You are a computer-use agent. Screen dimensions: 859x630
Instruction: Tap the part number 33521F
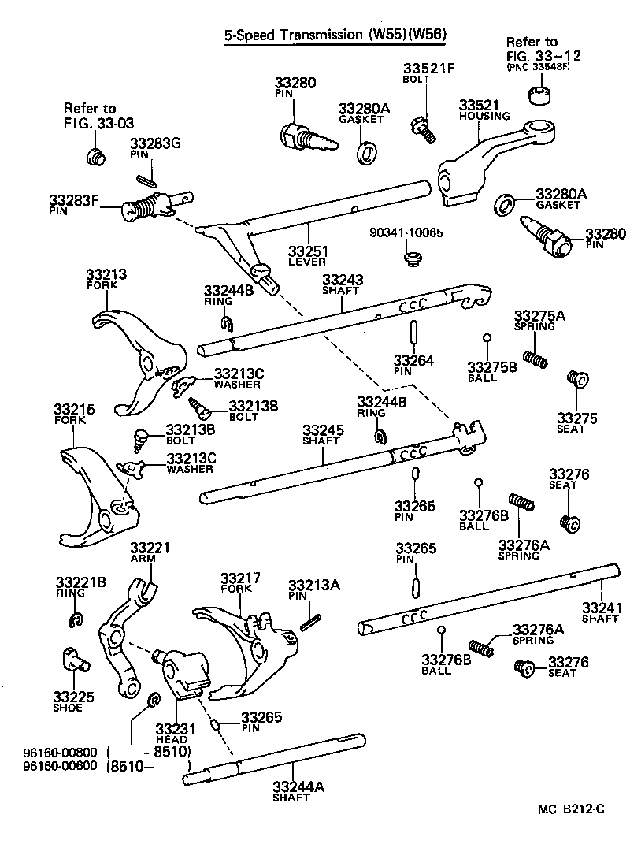428,69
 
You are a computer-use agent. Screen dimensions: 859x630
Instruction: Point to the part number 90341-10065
406,233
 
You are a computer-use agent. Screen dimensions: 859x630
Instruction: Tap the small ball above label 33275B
487,339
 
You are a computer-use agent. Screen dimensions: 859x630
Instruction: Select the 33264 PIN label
413,365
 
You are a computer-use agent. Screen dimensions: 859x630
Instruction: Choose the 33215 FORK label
74,414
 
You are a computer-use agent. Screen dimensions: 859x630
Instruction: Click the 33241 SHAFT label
602,612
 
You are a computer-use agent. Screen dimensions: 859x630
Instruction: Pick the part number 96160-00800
49,753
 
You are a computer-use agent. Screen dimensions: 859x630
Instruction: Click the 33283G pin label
155,148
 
